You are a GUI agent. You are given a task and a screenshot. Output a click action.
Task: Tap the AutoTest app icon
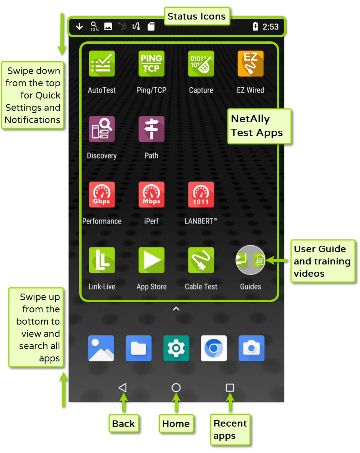pos(102,64)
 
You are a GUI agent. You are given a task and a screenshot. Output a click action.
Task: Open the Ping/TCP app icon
pos(151,64)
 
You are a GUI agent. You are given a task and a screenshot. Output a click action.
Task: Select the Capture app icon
pos(201,64)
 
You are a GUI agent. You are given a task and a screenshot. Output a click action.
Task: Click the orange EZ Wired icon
pos(250,64)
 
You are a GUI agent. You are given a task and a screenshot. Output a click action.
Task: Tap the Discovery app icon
pos(102,129)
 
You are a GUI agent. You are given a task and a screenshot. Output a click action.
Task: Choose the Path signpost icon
pos(151,129)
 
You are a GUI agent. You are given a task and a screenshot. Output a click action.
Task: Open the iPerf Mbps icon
pos(151,195)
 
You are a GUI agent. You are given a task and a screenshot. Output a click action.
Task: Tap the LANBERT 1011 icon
pos(201,195)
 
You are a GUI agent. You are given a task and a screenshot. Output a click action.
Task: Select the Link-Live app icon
pos(102,260)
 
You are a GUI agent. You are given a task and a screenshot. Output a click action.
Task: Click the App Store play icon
pos(151,260)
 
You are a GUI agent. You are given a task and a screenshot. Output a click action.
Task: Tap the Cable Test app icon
pos(201,260)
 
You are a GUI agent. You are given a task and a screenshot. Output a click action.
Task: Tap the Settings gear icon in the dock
pos(176,348)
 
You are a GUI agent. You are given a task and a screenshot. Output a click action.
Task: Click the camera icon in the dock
pos(251,348)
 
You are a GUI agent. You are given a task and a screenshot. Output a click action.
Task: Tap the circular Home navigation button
pos(176,387)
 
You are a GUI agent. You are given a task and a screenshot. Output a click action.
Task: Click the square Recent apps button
pos(230,387)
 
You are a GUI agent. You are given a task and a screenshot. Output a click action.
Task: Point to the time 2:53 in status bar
pos(270,27)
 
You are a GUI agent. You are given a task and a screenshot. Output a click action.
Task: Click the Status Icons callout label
pos(197,16)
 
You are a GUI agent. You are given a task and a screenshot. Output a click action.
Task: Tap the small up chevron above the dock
pos(176,309)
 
